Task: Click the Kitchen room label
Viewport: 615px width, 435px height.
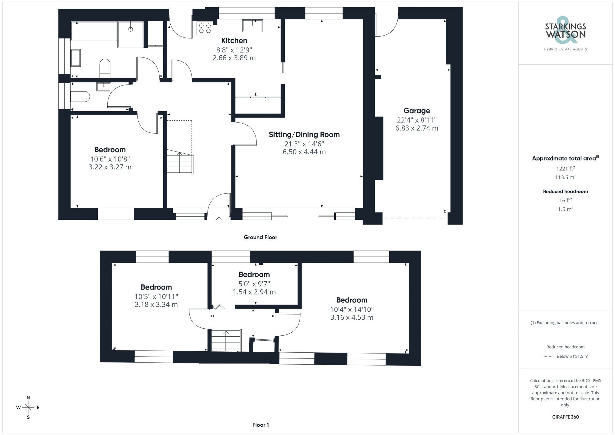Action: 234,41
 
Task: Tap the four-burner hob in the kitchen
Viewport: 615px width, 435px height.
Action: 205,28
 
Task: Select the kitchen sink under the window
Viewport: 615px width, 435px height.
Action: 252,26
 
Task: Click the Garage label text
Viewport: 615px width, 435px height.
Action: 417,111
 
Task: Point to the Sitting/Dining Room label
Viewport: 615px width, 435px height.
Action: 304,134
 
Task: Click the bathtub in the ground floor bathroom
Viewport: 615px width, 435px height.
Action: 93,31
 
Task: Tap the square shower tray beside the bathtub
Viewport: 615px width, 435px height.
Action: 130,34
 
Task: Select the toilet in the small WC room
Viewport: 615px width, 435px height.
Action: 80,96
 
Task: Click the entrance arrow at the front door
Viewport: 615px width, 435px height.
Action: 219,220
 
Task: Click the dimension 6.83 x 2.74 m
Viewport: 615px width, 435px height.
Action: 417,128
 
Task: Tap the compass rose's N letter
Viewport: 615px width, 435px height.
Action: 28,397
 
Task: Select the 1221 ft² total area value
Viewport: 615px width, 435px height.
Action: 565,168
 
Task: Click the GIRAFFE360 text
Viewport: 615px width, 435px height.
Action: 565,417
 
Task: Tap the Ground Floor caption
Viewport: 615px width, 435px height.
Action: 260,237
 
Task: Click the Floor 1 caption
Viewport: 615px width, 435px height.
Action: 260,425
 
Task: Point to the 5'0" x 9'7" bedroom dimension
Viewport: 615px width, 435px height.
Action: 254,284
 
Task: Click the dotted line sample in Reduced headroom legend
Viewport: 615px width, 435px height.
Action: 548,357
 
